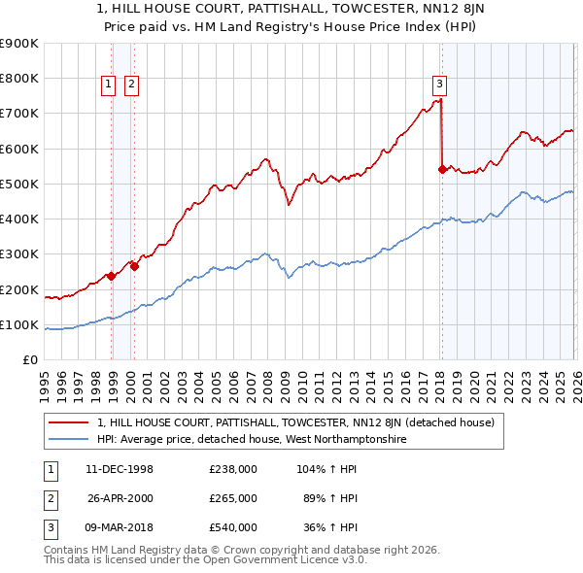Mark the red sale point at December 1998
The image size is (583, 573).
112,276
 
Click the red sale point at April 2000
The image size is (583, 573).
135,267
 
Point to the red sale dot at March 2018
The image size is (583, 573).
442,169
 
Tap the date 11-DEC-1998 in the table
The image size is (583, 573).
120,469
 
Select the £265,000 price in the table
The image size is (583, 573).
233,498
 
